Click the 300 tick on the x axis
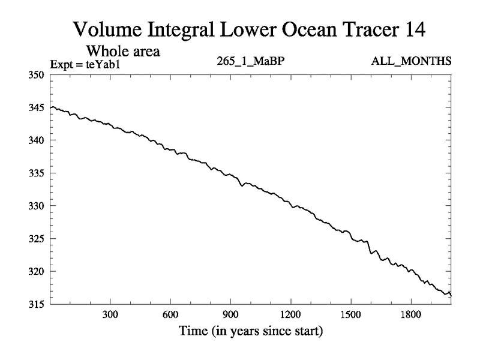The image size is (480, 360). click(110, 315)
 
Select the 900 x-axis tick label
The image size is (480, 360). click(230, 315)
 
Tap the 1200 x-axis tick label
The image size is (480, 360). click(290, 315)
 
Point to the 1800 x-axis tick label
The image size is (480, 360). click(410, 315)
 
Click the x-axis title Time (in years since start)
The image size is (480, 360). click(250, 331)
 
